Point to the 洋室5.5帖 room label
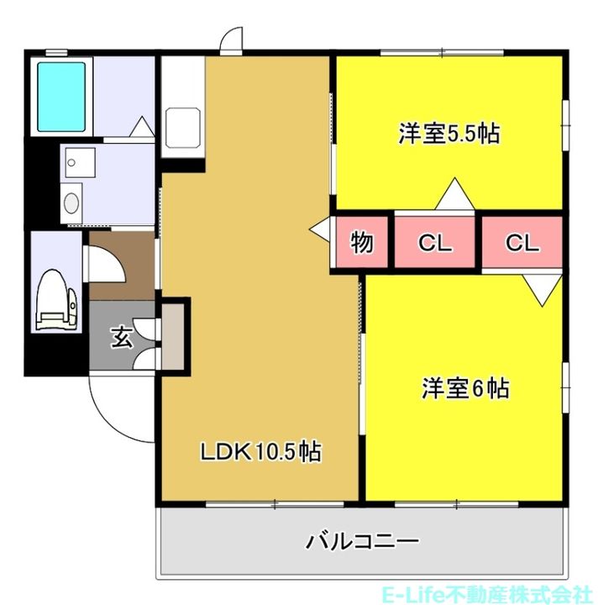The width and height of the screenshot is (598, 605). pyautogui.click(x=448, y=134)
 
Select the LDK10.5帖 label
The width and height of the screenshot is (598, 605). pyautogui.click(x=260, y=452)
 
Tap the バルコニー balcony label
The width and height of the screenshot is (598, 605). pyautogui.click(x=362, y=540)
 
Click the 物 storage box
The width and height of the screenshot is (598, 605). pyautogui.click(x=362, y=244)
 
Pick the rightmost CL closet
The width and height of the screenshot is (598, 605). pyautogui.click(x=522, y=244)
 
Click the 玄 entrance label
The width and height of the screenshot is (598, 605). pyautogui.click(x=122, y=338)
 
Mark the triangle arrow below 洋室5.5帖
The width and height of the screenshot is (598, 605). pyautogui.click(x=454, y=195)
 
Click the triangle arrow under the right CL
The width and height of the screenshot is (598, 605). pyautogui.click(x=542, y=290)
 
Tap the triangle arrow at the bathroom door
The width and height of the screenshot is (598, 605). pyautogui.click(x=141, y=128)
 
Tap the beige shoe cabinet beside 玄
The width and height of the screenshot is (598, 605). pyautogui.click(x=174, y=334)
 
